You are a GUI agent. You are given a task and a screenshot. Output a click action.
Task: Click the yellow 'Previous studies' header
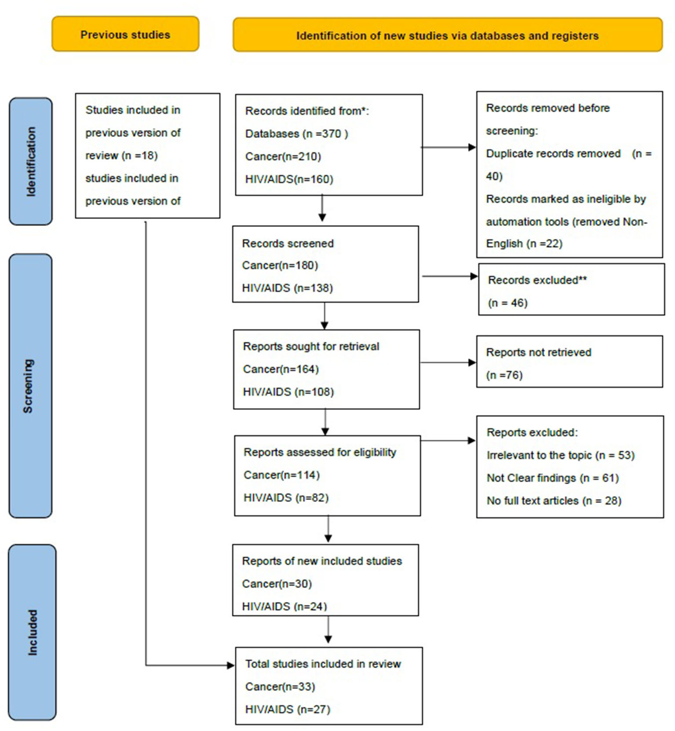125,35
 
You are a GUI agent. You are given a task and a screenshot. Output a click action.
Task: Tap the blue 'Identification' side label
30,161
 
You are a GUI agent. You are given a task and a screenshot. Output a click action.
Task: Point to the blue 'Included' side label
33,632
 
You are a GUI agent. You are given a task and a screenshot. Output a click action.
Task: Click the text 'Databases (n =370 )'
296,134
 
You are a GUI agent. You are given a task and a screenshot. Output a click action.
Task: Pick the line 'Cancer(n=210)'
283,157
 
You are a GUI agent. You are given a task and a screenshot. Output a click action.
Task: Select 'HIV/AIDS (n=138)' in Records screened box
287,288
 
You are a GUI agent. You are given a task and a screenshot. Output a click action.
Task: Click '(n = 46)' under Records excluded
507,303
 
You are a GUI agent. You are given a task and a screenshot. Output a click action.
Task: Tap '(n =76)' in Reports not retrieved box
504,375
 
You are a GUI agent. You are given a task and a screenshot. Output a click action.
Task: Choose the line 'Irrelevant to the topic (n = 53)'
560,455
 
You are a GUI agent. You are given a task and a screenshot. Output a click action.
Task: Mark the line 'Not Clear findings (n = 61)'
552,478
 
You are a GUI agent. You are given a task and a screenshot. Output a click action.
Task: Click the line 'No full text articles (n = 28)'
554,501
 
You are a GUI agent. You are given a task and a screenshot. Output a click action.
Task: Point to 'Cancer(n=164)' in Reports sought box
281,369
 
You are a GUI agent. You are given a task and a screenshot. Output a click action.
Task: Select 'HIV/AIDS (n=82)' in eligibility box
286,498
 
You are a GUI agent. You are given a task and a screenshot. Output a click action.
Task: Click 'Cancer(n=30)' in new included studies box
277,584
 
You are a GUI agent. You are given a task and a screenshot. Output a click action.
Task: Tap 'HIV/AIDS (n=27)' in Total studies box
288,709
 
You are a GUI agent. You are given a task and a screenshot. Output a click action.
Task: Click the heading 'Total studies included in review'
323,664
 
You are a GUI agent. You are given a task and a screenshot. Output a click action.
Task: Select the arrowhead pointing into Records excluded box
474,276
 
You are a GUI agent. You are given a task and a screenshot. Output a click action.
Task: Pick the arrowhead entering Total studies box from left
230,665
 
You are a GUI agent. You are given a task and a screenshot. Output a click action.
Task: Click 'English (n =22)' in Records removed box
524,244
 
